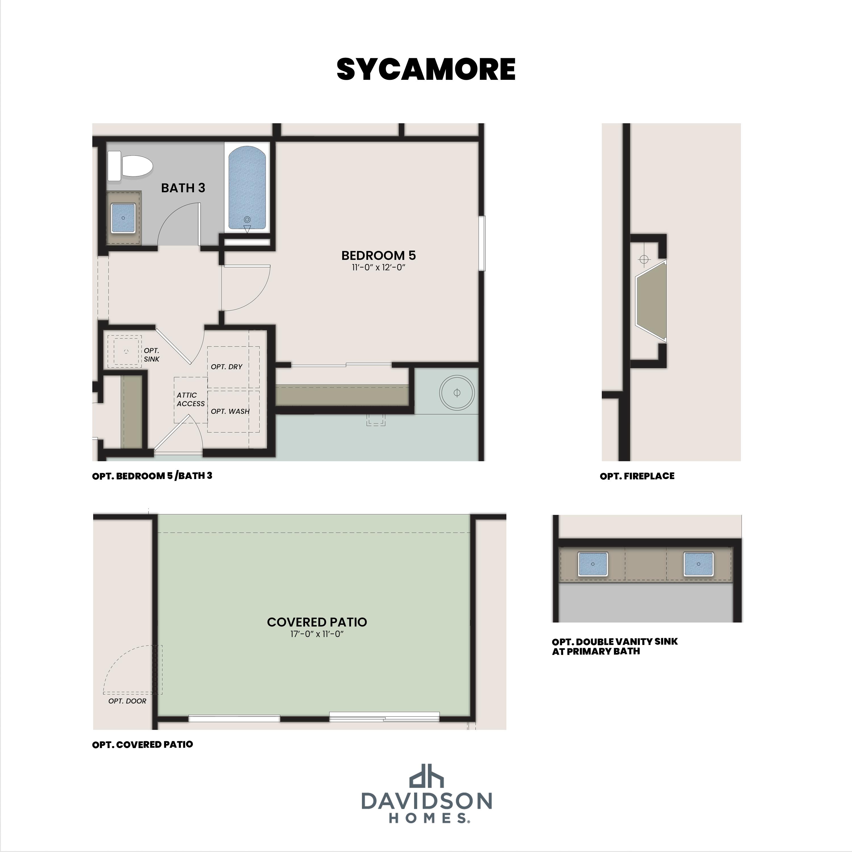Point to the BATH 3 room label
(183, 188)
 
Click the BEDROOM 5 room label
(378, 255)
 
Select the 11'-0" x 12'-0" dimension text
(378, 267)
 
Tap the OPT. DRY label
(226, 366)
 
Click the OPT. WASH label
(230, 411)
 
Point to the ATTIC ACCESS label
(191, 399)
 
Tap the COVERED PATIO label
(317, 622)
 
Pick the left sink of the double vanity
(593, 563)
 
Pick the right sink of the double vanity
(699, 563)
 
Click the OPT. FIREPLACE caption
(637, 476)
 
